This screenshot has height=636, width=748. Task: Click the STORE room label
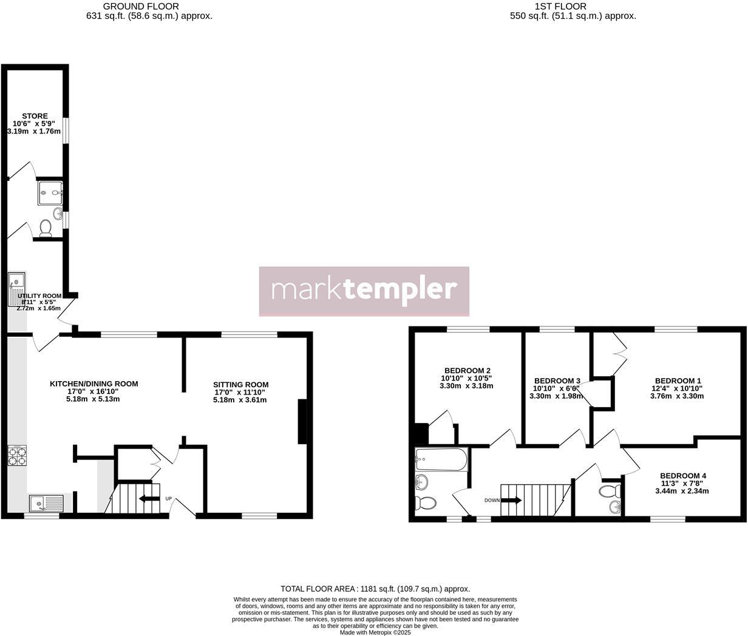(35, 116)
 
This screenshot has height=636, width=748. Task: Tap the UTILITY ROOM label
(39, 296)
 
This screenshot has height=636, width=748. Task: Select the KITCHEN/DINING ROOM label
(93, 384)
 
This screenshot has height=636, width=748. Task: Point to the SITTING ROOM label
(240, 385)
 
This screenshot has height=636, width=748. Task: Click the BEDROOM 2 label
(467, 371)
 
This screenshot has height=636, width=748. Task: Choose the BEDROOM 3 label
(556, 381)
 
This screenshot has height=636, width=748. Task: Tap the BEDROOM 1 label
(676, 381)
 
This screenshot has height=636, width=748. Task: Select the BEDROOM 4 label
(683, 476)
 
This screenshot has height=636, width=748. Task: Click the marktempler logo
(364, 291)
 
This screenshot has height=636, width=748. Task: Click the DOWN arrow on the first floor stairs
(511, 501)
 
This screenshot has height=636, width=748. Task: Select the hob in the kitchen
(17, 456)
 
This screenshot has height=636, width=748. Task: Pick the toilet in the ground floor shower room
(46, 228)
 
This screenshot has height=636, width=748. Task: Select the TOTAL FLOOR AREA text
(375, 589)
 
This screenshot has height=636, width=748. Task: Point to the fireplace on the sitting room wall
(302, 422)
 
